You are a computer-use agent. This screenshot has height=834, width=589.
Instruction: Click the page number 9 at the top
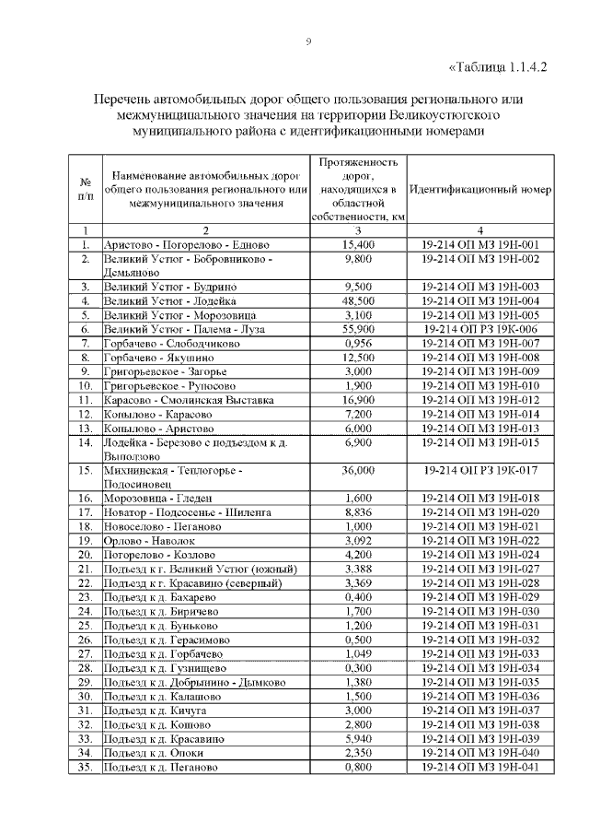pos(308,41)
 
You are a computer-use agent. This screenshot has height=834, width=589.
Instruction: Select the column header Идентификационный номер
pos(480,189)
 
